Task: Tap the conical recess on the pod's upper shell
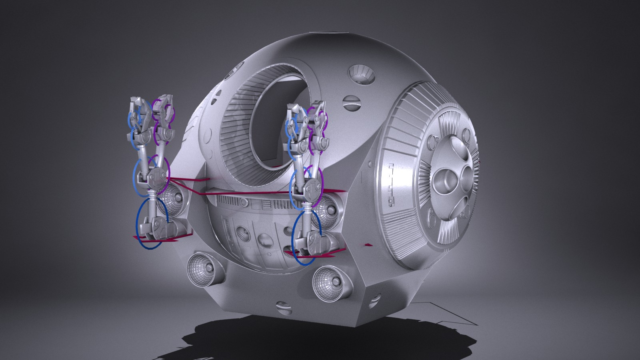click(x=360, y=74)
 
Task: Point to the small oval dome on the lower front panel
click(x=264, y=240)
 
